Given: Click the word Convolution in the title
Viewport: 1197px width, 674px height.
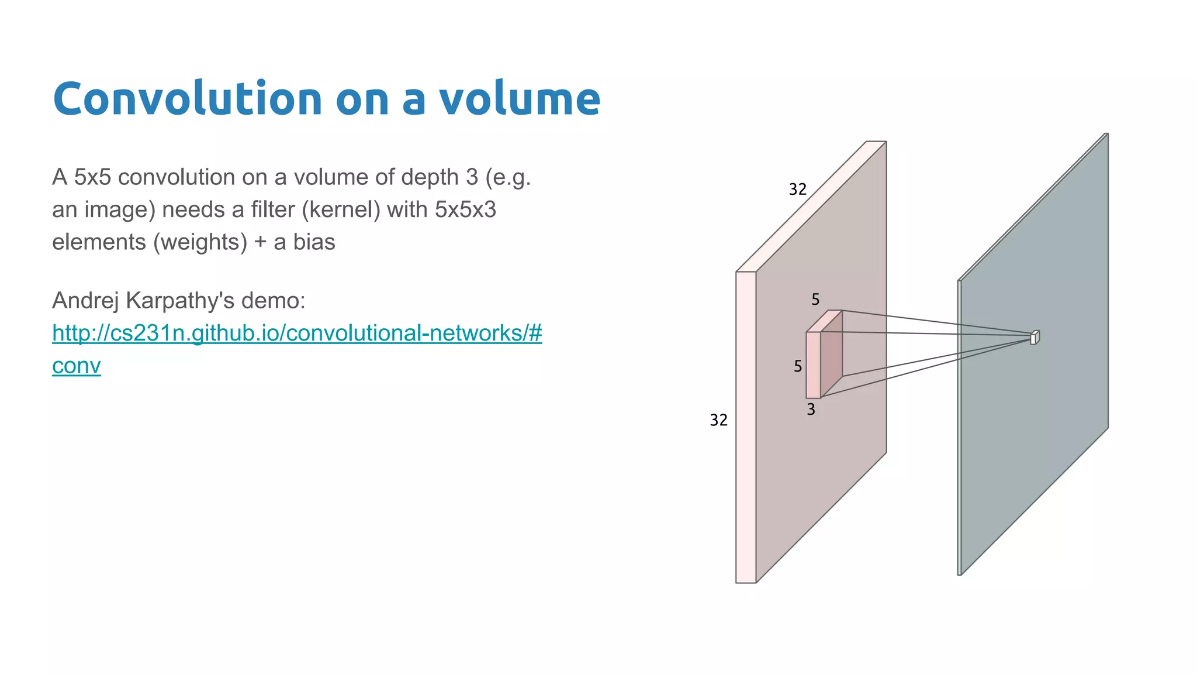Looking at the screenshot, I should [187, 99].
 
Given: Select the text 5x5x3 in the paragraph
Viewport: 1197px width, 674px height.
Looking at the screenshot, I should [465, 209].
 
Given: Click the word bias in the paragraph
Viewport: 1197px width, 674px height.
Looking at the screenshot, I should [314, 242].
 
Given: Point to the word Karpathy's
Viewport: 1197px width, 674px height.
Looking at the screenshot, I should [180, 301].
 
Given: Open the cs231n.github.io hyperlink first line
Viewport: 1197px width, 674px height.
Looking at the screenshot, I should [297, 333].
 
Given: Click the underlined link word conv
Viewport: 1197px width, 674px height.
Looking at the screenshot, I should [77, 366].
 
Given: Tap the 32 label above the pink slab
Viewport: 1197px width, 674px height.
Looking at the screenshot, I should [798, 190].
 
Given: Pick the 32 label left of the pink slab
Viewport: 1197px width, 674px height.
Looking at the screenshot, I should [718, 420].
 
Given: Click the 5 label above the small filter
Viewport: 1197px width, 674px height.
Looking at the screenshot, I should [815, 300].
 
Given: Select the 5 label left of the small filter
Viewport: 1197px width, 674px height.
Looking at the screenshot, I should [798, 367].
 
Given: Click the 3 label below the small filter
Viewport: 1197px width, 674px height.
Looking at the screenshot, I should [811, 410].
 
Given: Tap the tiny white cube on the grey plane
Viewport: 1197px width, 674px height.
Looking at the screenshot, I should [1034, 338].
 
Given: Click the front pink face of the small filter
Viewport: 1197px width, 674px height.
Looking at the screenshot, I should [813, 365].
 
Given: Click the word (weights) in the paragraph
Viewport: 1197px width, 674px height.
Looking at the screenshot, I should [200, 242].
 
